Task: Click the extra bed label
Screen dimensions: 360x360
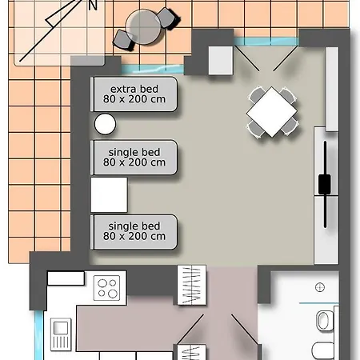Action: tap(134, 94)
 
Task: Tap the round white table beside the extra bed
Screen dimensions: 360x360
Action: tap(105, 124)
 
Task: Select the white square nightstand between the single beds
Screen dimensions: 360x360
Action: tap(109, 194)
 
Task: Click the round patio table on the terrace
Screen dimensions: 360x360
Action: tap(143, 26)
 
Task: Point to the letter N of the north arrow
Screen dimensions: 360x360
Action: tap(93, 5)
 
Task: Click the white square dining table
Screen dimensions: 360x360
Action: tap(272, 112)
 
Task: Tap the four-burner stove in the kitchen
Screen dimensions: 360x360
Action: tap(106, 288)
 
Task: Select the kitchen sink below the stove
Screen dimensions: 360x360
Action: tap(61, 334)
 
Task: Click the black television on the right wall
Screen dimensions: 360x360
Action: tap(325, 184)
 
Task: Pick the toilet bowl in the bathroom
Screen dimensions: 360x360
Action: tap(323, 321)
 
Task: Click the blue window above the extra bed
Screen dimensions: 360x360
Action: tap(153, 69)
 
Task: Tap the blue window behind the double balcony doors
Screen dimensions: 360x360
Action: tap(266, 42)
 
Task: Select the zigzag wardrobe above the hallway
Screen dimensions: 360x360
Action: tap(192, 285)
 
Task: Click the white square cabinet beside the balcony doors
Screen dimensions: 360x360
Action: tap(221, 61)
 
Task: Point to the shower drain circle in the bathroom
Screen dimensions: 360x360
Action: tap(320, 287)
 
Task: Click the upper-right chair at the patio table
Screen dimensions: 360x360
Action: tap(168, 18)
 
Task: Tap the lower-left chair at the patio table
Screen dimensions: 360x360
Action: tap(123, 40)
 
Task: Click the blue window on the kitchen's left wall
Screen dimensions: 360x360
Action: tap(39, 335)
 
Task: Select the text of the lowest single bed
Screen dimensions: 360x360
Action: tap(134, 231)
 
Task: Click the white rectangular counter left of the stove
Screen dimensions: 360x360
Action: tap(66, 278)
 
